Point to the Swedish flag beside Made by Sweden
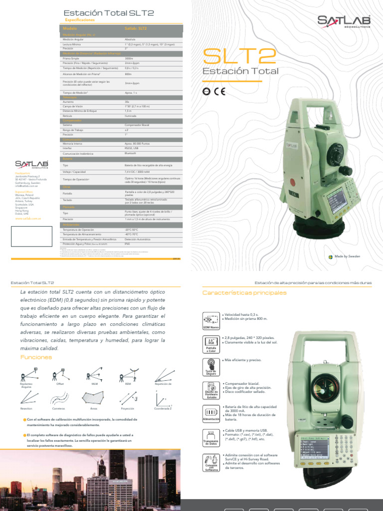332,256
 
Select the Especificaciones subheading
80,20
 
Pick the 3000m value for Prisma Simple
129,59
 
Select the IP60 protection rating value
127,244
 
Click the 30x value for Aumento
128,101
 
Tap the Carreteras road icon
58,398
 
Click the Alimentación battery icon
210,413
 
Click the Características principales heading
244,292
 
